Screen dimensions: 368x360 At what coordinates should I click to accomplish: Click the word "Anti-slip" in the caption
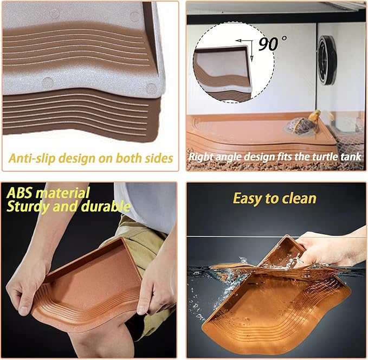pos(31,158)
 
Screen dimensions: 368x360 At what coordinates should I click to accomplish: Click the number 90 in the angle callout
pos(268,44)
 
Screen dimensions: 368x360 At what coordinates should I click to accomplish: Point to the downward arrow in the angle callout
pos(251,51)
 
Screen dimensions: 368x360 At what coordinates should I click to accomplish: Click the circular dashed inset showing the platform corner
pos(235,62)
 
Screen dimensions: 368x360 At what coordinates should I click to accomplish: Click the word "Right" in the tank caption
pos(201,157)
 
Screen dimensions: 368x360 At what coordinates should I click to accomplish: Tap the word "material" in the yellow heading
pos(63,193)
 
